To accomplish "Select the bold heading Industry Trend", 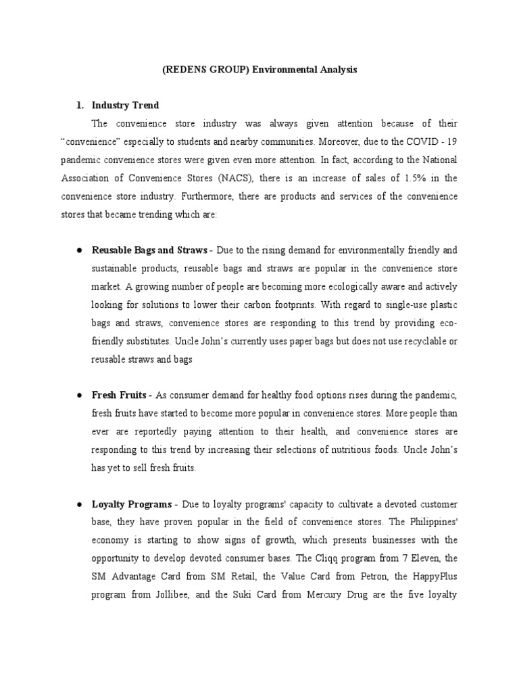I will pyautogui.click(x=125, y=105).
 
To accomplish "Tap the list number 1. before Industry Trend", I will pyautogui.click(x=80, y=105).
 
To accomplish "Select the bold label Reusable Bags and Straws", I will pyautogui.click(x=149, y=250).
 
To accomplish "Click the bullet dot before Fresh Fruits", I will pyautogui.click(x=80, y=395).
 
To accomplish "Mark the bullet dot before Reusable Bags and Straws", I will pyautogui.click(x=80, y=250).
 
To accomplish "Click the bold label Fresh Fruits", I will pyautogui.click(x=119, y=395).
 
